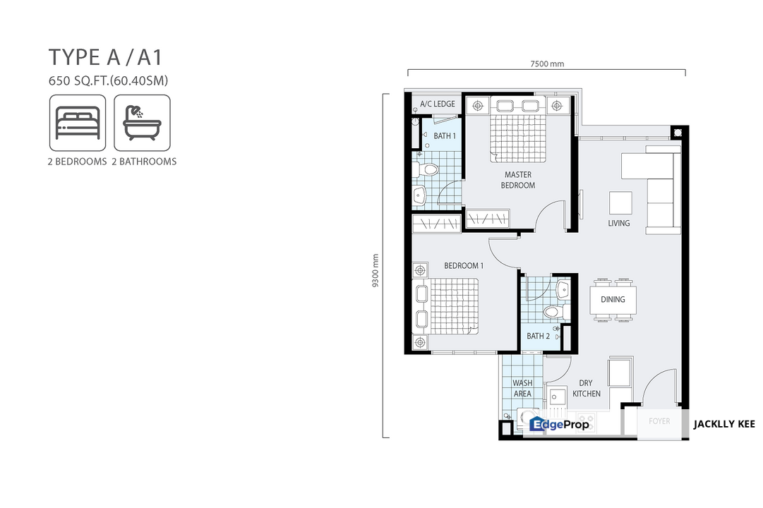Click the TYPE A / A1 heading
click(x=105, y=57)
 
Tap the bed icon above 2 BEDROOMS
click(x=78, y=123)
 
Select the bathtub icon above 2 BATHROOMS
click(x=142, y=123)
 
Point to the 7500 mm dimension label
click(x=547, y=64)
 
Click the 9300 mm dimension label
click(x=376, y=270)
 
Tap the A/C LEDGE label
click(x=438, y=104)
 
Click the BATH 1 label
click(x=445, y=135)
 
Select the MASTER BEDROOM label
click(x=518, y=179)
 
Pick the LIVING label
click(x=618, y=223)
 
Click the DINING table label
click(x=613, y=299)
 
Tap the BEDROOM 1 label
click(x=464, y=266)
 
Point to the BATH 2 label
click(x=538, y=336)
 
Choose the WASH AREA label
click(x=522, y=388)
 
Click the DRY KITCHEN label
click(x=587, y=388)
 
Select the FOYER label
click(x=659, y=421)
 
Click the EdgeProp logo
click(x=559, y=424)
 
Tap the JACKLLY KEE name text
click(x=724, y=424)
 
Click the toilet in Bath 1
click(x=426, y=169)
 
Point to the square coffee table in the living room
click(x=621, y=203)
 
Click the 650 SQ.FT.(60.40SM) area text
click(x=108, y=80)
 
